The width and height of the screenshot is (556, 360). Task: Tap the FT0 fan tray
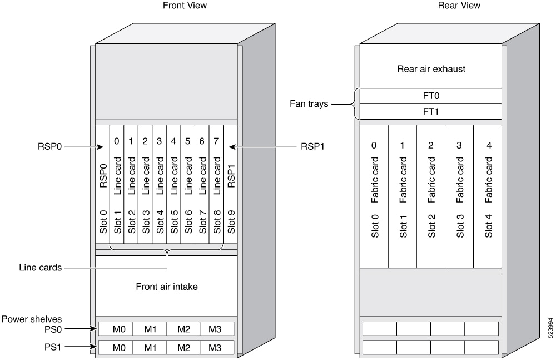(x=431, y=96)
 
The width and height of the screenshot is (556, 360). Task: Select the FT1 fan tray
(x=431, y=111)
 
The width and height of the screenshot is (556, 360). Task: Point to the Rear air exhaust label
(x=431, y=70)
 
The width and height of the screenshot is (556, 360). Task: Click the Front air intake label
(x=167, y=287)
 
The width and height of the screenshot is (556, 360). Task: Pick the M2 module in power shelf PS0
(x=183, y=329)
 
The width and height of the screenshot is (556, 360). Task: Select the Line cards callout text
(x=40, y=268)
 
